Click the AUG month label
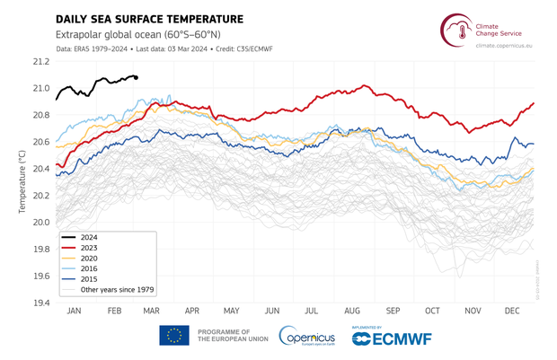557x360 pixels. [x=350, y=310]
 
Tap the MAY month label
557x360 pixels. [x=231, y=310]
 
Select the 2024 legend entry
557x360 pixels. [x=88, y=237]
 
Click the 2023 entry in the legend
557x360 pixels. [x=88, y=248]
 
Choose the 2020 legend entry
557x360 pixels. [x=88, y=259]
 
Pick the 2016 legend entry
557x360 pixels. [x=88, y=269]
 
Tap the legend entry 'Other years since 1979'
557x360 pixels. [x=117, y=290]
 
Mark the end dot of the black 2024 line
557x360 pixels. [x=136, y=78]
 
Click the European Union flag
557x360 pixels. [x=174, y=336]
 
